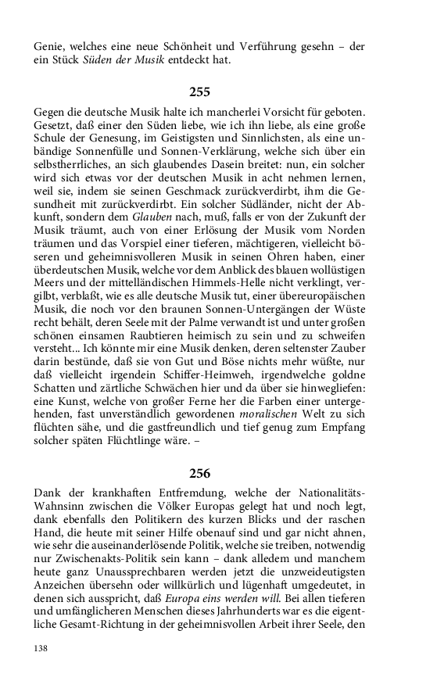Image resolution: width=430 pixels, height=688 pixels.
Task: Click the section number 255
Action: pyautogui.click(x=200, y=91)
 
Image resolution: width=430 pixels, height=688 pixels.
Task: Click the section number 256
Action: pyautogui.click(x=200, y=473)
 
